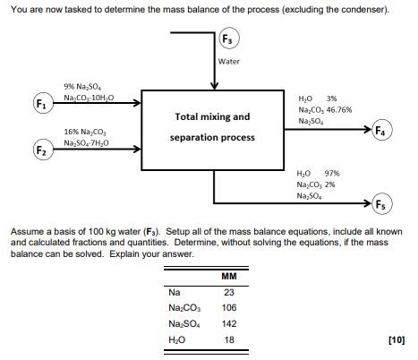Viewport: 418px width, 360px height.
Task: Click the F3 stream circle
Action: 230,39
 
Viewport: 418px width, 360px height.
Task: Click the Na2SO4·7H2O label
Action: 88,141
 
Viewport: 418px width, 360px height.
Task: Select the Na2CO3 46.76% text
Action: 324,108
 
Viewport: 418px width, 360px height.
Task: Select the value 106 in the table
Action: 228,307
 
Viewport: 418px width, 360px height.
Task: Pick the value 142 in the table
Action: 228,323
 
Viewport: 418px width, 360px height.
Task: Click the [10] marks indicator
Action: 396,339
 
